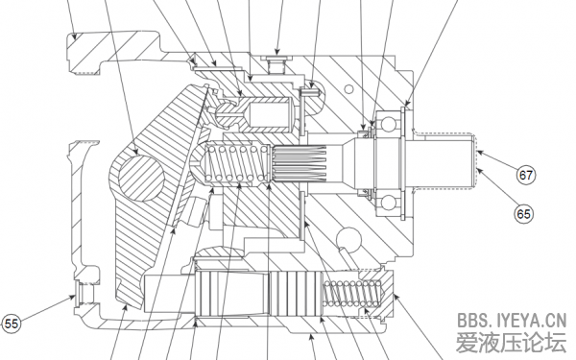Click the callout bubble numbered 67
(526, 175)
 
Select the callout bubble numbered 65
(523, 213)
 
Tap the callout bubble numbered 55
(11, 324)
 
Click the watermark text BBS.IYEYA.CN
(512, 321)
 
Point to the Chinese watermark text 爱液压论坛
(511, 343)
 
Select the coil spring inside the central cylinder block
(237, 164)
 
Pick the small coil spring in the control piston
(352, 293)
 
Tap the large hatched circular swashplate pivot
(141, 178)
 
